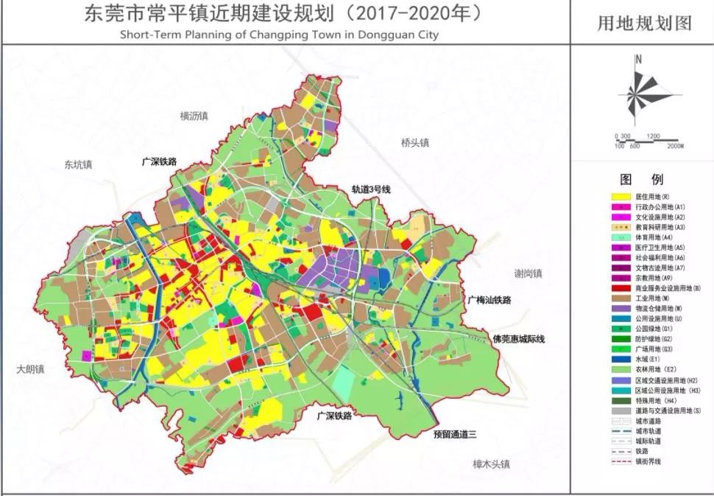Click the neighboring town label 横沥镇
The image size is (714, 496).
pos(194,116)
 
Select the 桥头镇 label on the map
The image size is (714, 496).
pos(415,143)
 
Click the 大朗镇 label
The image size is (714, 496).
pos(30,369)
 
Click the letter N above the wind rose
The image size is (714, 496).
pos(639,59)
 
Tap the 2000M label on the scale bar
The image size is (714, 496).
pos(675,146)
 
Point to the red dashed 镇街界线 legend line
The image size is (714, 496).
pos(622,461)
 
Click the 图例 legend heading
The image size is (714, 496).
pos(642,179)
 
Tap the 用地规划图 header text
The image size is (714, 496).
pos(643,24)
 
